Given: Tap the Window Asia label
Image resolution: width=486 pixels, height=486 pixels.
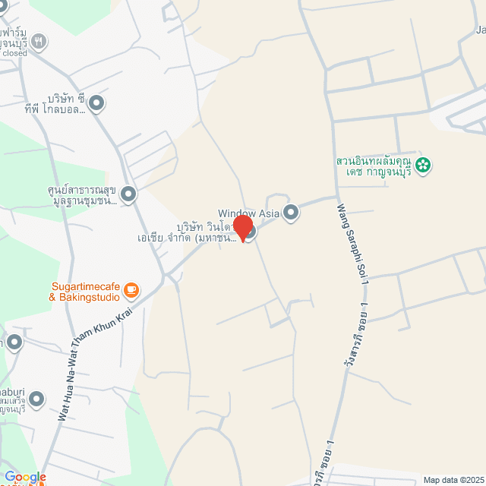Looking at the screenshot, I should click(248, 213).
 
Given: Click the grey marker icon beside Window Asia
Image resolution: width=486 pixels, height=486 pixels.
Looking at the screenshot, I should click(290, 213).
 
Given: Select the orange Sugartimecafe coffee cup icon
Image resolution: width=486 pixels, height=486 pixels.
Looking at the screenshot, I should click(131, 289).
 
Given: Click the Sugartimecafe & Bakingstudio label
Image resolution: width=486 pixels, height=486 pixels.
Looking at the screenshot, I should click(84, 292).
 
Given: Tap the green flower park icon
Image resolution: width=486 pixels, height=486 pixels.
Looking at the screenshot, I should click(423, 163).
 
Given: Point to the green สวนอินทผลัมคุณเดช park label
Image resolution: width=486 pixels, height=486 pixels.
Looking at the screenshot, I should click(374, 166).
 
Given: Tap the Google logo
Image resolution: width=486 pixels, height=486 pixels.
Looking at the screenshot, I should click(25, 477).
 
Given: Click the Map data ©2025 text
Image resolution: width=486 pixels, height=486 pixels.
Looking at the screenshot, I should click(453, 479).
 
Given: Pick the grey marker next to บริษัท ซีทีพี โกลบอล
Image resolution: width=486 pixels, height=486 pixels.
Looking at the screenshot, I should click(96, 103).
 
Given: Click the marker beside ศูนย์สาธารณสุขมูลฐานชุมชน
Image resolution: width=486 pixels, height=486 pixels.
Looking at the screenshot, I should click(128, 194).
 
